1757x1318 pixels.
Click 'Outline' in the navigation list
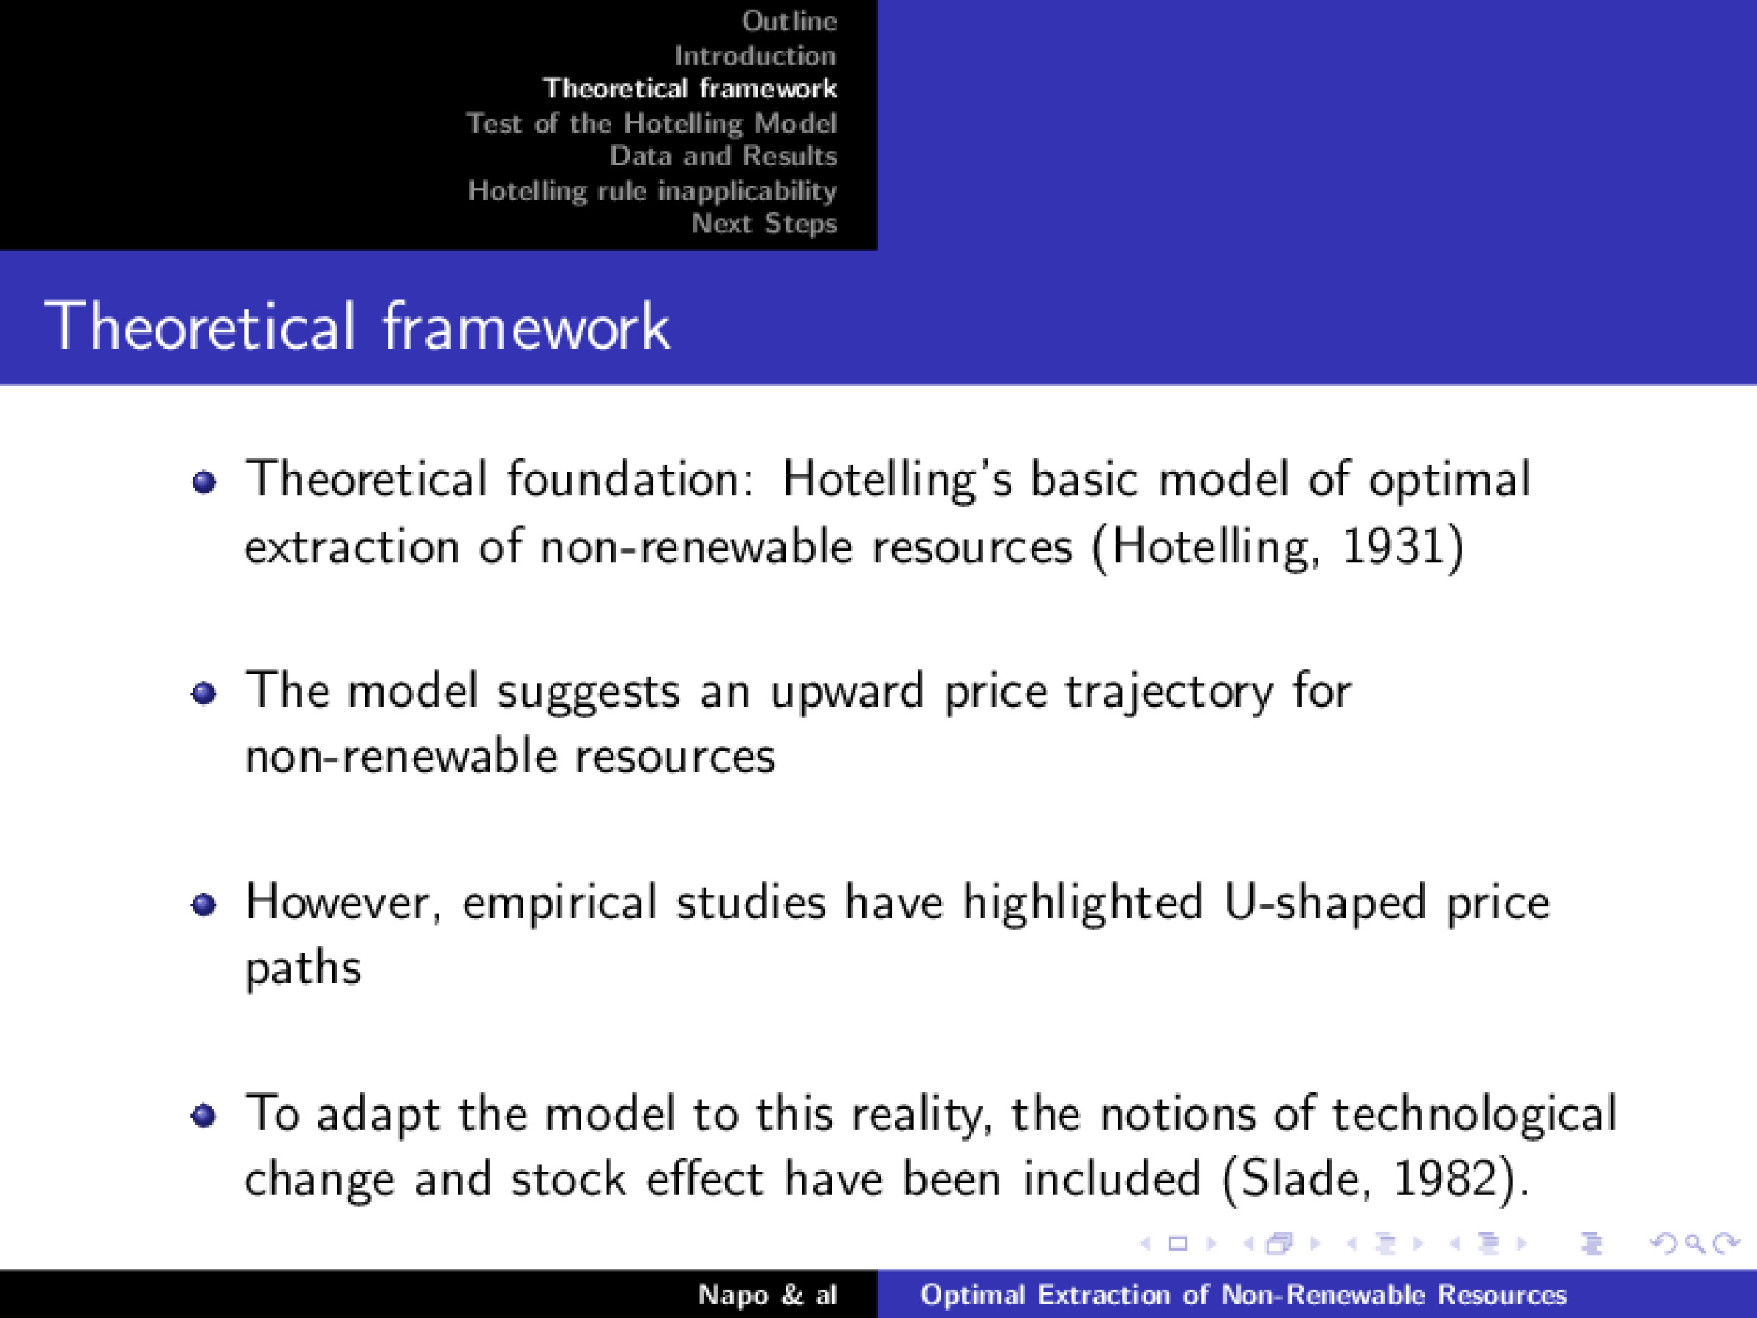(x=788, y=21)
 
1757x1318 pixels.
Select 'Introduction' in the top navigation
(x=755, y=56)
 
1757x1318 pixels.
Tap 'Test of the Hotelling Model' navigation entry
(x=651, y=123)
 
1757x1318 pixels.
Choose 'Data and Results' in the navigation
(x=723, y=156)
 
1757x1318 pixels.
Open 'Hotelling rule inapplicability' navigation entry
(x=652, y=190)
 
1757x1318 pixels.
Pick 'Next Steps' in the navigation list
(x=764, y=223)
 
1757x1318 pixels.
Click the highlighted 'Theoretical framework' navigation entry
(x=690, y=88)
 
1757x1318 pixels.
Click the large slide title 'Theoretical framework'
(x=357, y=326)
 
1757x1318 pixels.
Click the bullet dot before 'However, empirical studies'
(x=204, y=905)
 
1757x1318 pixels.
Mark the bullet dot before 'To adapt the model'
(x=204, y=1116)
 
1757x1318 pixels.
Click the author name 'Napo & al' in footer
(x=767, y=1295)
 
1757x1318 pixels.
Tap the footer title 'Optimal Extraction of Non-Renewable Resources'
(x=1243, y=1295)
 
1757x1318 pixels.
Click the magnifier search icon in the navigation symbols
(x=1694, y=1243)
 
